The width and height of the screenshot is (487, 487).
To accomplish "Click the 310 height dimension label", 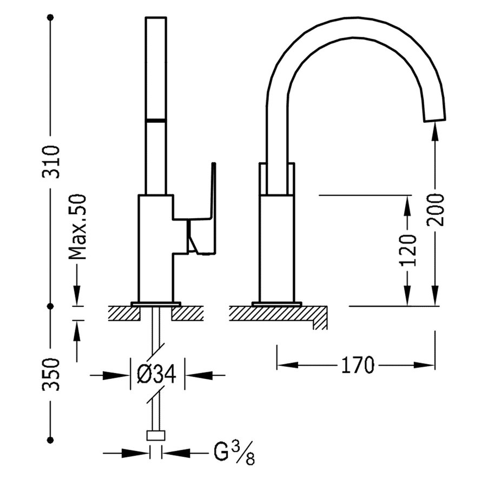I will click(51, 161).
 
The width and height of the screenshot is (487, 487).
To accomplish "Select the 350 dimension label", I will click(51, 374).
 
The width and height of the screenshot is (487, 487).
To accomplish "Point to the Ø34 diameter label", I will click(157, 373).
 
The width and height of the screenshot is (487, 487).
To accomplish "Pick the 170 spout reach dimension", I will click(357, 365).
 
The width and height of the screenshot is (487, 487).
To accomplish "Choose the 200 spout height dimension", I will click(437, 209).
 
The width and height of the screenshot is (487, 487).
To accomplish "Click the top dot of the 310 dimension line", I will click(51, 18).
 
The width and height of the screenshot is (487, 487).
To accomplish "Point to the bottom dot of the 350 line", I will click(51, 439).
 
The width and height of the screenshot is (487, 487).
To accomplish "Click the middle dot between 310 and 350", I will click(51, 306).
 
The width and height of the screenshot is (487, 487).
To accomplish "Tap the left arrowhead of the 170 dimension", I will click(282, 365).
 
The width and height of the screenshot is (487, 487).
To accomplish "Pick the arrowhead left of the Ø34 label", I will click(122, 373).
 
